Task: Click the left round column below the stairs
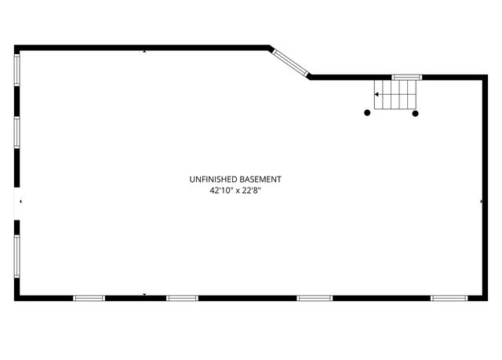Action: pyautogui.click(x=367, y=113)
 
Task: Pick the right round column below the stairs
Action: pyautogui.click(x=415, y=113)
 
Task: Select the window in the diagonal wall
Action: pyautogui.click(x=290, y=63)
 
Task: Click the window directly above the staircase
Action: pyautogui.click(x=407, y=77)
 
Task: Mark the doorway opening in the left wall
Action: pyautogui.click(x=17, y=203)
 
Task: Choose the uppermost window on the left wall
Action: pyautogui.click(x=17, y=70)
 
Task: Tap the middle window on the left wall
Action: pyautogui.click(x=17, y=133)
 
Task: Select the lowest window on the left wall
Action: pyautogui.click(x=17, y=256)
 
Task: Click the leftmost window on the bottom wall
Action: pyautogui.click(x=89, y=298)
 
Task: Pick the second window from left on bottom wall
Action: pyautogui.click(x=182, y=298)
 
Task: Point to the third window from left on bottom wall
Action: pyautogui.click(x=315, y=298)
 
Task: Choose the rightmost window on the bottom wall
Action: pyautogui.click(x=449, y=298)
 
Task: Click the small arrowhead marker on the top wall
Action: pyautogui.click(x=144, y=51)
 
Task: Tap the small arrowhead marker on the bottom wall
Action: pyautogui.click(x=144, y=294)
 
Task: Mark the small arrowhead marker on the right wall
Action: pyautogui.click(x=481, y=202)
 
